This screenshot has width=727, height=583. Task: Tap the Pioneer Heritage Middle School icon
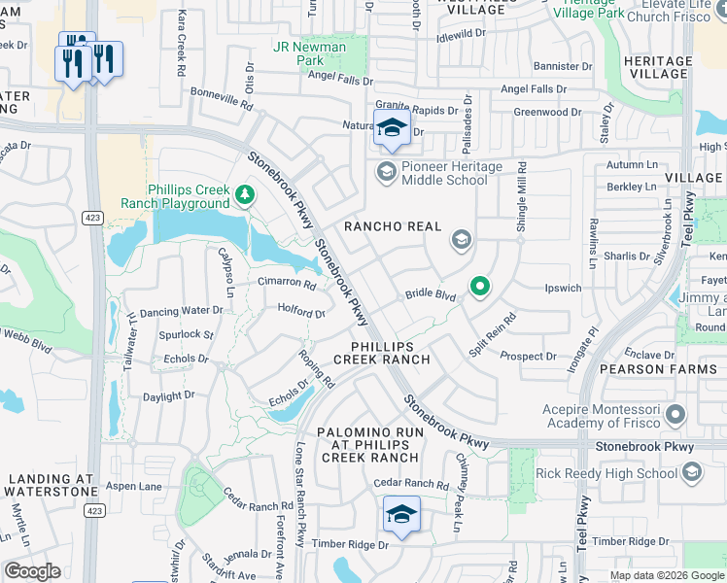pyautogui.click(x=386, y=173)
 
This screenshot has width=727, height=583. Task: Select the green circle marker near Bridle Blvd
pyautogui.click(x=479, y=287)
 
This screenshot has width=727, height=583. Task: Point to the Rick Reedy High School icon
pyautogui.click(x=692, y=473)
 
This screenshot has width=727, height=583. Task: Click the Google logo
pyautogui.click(x=31, y=571)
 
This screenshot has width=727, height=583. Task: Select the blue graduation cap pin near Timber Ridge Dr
pyautogui.click(x=401, y=515)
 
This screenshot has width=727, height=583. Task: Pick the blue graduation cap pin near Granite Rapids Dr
pyautogui.click(x=392, y=127)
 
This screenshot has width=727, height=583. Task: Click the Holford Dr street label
pyautogui.click(x=300, y=313)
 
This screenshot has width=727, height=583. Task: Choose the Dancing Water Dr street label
pyautogui.click(x=182, y=312)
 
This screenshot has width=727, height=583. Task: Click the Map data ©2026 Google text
pyautogui.click(x=666, y=575)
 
